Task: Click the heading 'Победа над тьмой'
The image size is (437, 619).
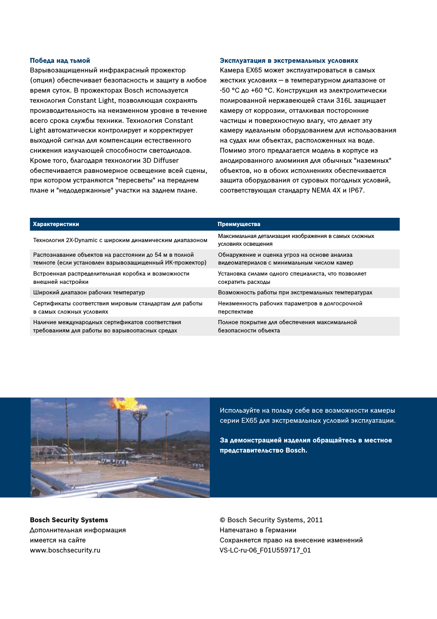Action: (60, 61)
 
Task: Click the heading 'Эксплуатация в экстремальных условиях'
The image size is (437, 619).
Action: (289, 61)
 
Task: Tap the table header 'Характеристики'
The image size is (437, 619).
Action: (56, 224)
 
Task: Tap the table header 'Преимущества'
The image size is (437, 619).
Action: (239, 224)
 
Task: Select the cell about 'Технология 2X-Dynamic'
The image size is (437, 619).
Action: (120, 240)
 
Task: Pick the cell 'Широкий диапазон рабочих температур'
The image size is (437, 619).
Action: (89, 293)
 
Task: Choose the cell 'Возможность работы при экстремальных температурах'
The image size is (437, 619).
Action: (295, 293)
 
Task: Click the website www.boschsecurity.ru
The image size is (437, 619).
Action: (65, 550)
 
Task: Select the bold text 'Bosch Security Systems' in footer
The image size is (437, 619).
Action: (69, 520)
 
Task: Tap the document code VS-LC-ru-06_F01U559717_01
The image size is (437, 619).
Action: (265, 550)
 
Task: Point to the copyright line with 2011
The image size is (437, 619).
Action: (271, 520)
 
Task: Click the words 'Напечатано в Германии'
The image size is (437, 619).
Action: (258, 530)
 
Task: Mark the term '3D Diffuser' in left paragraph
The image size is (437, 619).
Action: (160, 160)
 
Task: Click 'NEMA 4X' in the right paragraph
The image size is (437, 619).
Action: (326, 190)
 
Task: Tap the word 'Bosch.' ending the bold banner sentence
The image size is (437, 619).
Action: (296, 450)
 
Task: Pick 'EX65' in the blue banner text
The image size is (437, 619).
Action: (249, 420)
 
